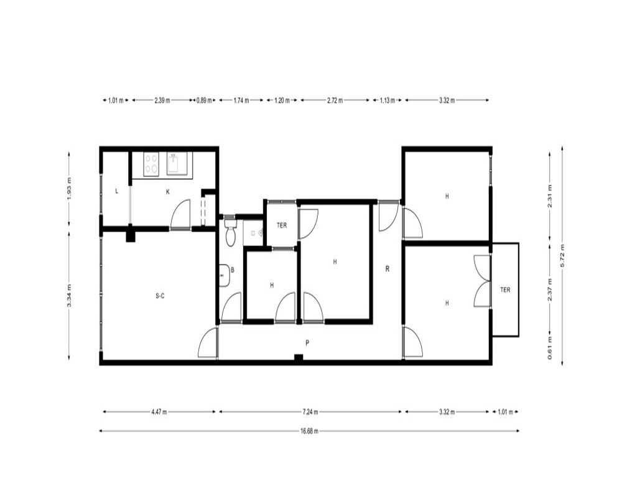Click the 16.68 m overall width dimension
309,431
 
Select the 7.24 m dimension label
310,412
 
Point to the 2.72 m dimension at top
335,100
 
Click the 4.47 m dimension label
159,412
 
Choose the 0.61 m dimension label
550,347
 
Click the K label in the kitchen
168,192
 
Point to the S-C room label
160,296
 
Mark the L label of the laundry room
117,191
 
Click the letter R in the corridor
388,269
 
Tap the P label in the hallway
307,343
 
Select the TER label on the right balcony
505,290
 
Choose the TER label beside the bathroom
282,225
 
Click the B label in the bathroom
233,270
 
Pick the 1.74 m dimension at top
241,100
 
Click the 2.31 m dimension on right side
550,196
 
